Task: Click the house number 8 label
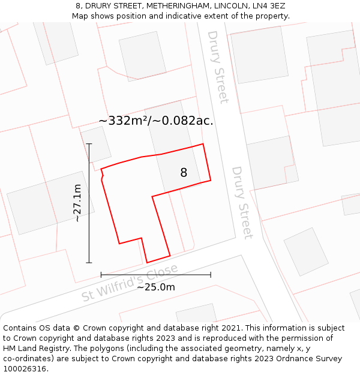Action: (184, 173)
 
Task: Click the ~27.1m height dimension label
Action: (77, 203)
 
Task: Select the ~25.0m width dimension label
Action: (156, 287)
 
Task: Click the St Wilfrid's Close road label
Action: (130, 283)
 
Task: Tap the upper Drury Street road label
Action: (218, 67)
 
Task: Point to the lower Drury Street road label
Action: (242, 203)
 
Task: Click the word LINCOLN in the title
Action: (229, 6)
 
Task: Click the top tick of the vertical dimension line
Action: (89, 144)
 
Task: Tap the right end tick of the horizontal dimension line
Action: (211, 275)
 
